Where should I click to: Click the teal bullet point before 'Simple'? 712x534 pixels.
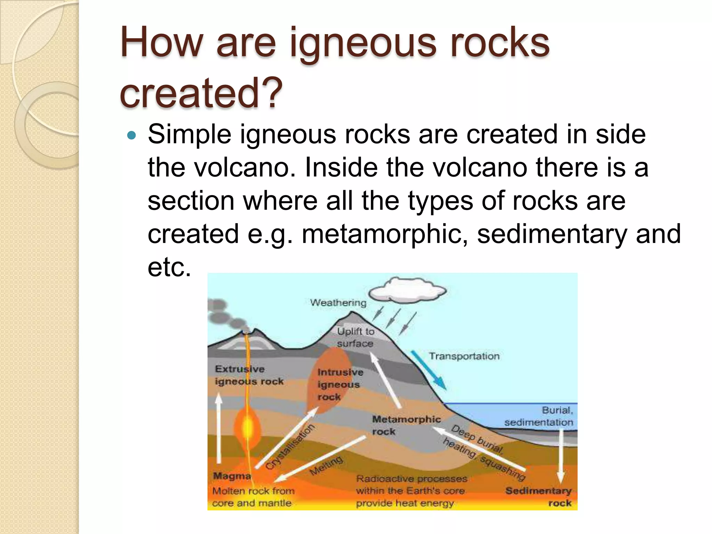point(131,135)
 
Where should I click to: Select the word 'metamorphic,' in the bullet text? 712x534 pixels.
point(385,234)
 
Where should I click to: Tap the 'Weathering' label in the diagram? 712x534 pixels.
point(338,303)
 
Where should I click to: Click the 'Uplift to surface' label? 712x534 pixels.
point(355,337)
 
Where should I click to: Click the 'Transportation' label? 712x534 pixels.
point(464,356)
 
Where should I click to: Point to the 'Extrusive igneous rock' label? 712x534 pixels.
point(249,375)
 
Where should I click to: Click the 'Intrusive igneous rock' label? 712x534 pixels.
point(340,384)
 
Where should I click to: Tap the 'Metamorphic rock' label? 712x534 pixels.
point(406,425)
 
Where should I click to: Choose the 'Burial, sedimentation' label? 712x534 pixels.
point(539,416)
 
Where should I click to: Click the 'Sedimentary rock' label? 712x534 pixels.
point(539,497)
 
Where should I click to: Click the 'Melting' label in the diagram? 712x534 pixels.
point(326,465)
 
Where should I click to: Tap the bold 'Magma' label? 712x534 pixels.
point(232,476)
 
